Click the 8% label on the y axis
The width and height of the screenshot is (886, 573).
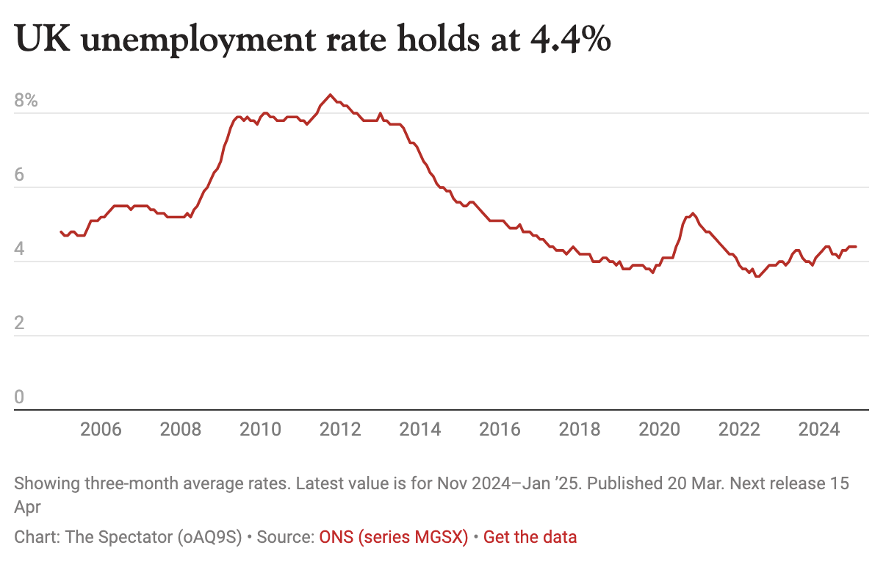pos(26,101)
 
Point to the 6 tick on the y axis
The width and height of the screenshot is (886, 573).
pos(20,175)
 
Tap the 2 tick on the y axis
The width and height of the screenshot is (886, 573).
pos(20,323)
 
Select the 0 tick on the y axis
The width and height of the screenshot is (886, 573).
pos(20,397)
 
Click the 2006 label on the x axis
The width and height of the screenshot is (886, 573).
pos(101,429)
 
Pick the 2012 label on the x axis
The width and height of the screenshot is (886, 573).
pos(341,429)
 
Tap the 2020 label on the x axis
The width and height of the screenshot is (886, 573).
pos(660,429)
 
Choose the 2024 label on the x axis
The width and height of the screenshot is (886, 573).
pos(819,429)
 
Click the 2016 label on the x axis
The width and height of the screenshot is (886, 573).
pos(500,429)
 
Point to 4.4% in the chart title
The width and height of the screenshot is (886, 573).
pos(569,41)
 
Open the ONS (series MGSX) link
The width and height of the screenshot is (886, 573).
pos(394,537)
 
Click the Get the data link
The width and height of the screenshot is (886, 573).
pos(530,537)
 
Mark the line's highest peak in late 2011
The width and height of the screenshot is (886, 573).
pos(331,95)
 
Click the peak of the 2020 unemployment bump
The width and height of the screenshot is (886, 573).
pos(693,213)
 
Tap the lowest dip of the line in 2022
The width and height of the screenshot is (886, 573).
pos(757,276)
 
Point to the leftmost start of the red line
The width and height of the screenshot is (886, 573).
pos(61,231)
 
